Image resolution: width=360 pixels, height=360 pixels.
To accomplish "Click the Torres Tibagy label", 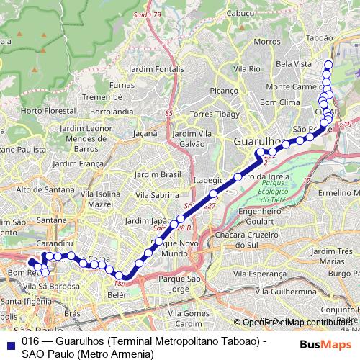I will point(212,114).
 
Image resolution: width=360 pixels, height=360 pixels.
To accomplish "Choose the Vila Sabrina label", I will point(157,194).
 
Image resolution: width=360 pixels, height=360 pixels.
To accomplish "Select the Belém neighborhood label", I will point(118,295).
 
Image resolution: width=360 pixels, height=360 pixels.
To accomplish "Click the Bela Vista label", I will point(294,64).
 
